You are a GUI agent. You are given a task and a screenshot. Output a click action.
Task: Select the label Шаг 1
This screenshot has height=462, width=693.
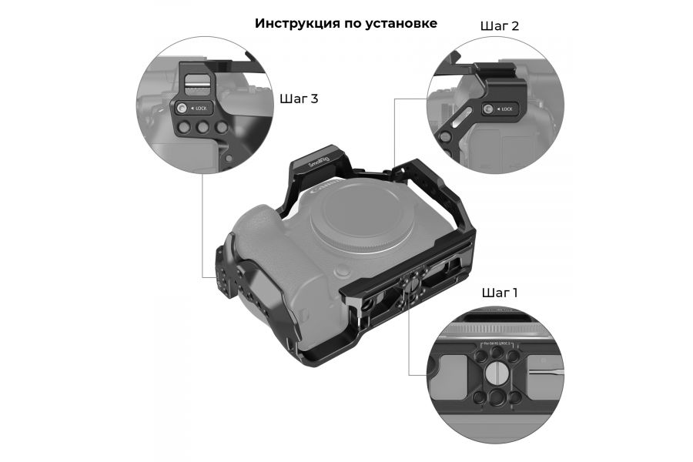(x=499, y=293)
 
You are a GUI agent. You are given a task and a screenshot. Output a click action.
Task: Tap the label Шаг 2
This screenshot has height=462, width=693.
(x=499, y=25)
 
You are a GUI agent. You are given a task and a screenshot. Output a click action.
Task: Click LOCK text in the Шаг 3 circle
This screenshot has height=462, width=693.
(x=202, y=109)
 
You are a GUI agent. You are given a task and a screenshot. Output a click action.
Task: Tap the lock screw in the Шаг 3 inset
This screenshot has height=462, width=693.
(x=183, y=109)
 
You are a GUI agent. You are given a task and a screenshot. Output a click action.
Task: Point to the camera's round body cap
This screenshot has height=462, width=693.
(x=353, y=223)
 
